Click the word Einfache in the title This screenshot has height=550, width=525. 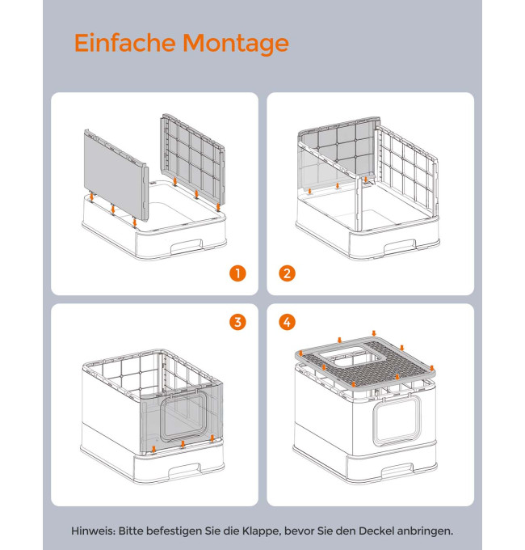pyautogui.click(x=124, y=42)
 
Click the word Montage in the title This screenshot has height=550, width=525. pyautogui.click(x=236, y=44)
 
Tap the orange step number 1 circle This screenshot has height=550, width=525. pyautogui.click(x=237, y=273)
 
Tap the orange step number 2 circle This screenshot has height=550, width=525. pyautogui.click(x=288, y=273)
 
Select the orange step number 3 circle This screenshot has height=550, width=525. pyautogui.click(x=237, y=322)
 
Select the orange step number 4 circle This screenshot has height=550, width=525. pyautogui.click(x=288, y=322)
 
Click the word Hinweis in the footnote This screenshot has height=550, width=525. pyautogui.click(x=93, y=531)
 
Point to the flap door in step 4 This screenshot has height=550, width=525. pyautogui.click(x=397, y=421)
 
